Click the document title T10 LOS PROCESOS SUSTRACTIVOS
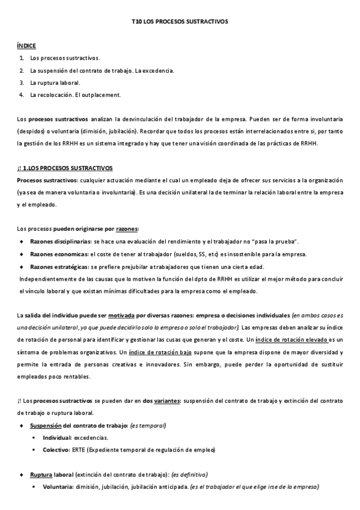coord(180,21)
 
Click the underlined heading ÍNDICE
coord(26,45)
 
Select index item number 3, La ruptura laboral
coord(55,82)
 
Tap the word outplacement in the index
coord(105,94)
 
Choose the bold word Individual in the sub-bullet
coord(57,438)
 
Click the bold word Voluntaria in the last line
coord(58,487)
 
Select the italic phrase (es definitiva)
coord(189,475)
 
